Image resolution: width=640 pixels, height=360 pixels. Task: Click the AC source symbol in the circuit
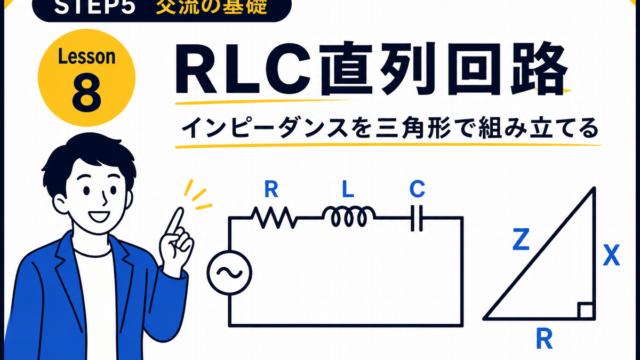229,273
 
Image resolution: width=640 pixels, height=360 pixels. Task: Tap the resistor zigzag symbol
274,218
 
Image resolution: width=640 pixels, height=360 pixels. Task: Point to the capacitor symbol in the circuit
416,218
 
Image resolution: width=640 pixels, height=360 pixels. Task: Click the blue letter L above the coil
348,189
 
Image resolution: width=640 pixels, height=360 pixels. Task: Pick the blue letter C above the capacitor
417,189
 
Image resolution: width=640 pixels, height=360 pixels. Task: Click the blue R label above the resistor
271,189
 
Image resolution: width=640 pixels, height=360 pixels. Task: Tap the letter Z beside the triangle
521,240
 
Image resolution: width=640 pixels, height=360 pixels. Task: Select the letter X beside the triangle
611,256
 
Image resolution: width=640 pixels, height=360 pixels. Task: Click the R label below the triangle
544,340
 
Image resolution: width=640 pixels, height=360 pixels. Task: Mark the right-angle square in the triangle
586,311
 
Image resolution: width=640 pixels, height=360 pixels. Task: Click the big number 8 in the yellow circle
87,93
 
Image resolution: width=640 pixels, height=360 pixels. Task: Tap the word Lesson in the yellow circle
87,56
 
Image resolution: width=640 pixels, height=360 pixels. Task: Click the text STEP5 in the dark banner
95,7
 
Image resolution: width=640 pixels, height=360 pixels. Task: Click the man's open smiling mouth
99,216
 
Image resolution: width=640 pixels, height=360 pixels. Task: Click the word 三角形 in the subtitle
413,128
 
